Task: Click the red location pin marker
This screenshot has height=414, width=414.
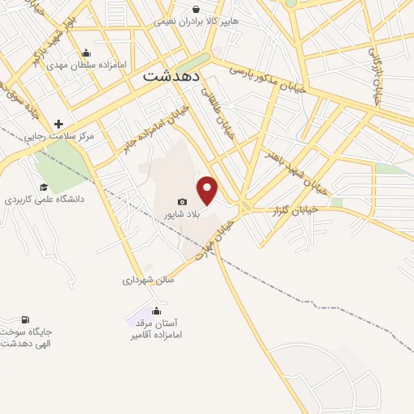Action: pos(209,190)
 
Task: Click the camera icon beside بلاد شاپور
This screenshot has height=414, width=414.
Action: pos(183,202)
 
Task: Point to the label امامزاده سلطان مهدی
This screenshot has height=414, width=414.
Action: pos(88,64)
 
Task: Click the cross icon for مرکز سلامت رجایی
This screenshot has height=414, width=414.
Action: pos(57,124)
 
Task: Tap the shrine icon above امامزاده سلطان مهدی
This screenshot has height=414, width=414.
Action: pos(87,52)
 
